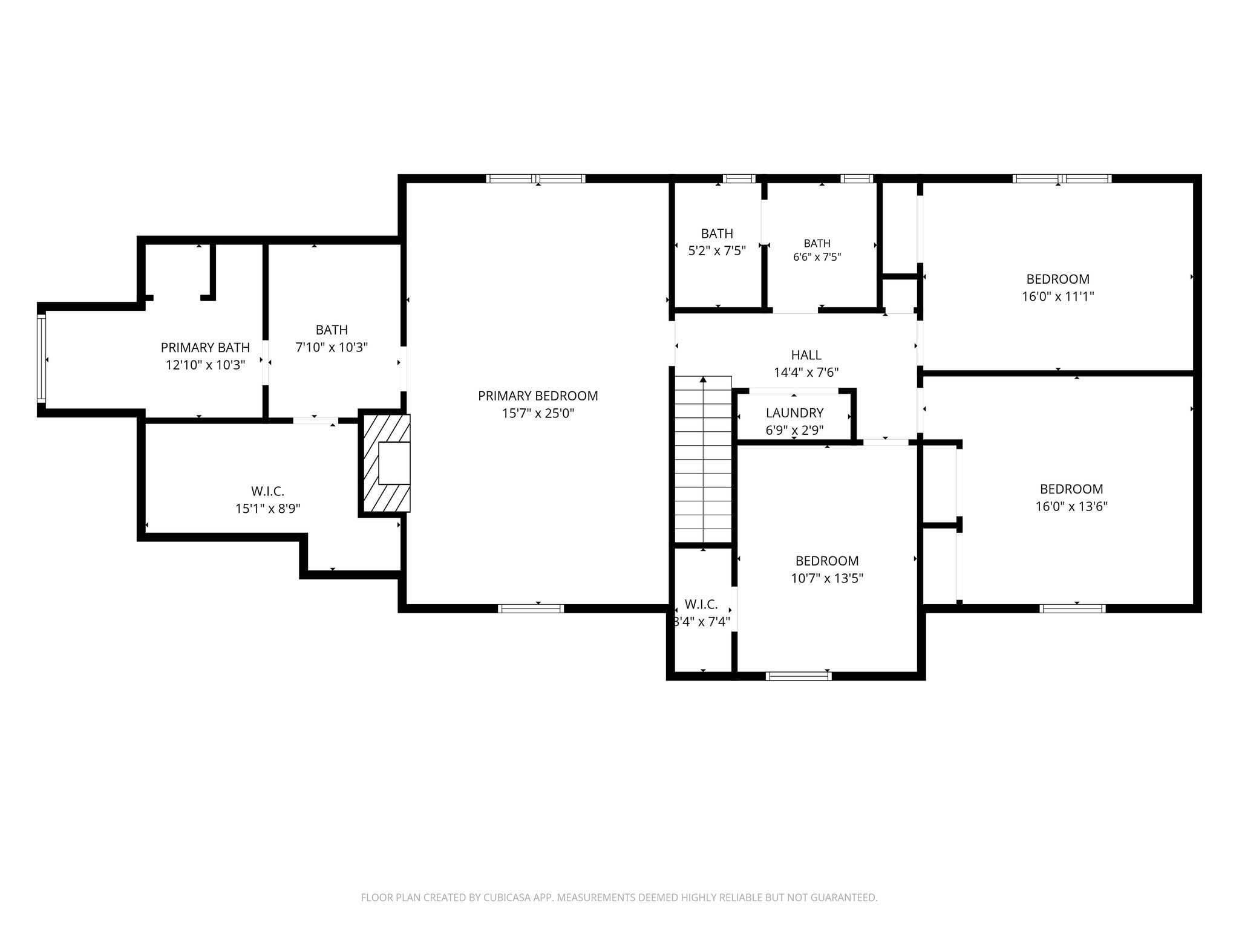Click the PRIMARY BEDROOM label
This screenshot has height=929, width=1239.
[538, 396]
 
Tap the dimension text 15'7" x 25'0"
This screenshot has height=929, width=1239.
[538, 414]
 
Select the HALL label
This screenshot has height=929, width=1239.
[806, 355]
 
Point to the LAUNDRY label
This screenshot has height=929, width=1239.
[794, 413]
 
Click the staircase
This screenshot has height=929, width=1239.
[703, 460]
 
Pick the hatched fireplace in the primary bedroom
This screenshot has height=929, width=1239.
[386, 463]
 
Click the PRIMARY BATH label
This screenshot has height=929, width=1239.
[205, 348]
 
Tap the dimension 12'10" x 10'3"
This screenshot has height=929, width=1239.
[205, 365]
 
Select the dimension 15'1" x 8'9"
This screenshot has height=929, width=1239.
[268, 509]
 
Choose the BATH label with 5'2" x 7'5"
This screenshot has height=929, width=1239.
[717, 233]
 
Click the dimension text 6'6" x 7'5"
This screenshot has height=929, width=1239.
[817, 257]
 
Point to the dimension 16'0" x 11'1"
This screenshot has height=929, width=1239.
[1058, 297]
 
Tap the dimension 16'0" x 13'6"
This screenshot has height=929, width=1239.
[1071, 507]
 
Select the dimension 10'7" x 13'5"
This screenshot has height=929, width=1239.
[827, 579]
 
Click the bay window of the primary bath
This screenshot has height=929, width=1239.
[41, 359]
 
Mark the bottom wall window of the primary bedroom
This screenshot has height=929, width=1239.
[531, 608]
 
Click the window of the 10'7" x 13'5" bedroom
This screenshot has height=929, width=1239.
[799, 676]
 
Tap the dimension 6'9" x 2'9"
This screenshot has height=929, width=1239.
[794, 431]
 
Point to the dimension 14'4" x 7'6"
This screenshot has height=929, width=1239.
[806, 373]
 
